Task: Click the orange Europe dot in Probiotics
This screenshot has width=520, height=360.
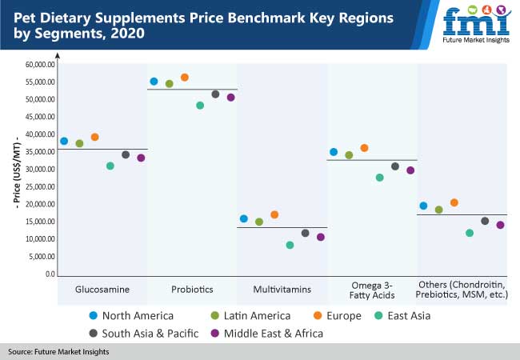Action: click(185, 78)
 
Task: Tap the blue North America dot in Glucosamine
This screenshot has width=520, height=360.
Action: click(64, 142)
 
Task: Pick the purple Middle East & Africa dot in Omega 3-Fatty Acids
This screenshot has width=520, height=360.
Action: click(410, 170)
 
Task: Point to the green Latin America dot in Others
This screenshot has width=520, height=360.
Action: click(438, 210)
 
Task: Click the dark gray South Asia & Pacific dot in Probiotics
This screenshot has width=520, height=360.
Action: click(215, 94)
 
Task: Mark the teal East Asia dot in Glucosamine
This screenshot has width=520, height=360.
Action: click(110, 166)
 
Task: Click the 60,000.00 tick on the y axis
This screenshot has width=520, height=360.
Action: click(38, 65)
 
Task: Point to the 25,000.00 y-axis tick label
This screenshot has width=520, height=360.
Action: click(38, 187)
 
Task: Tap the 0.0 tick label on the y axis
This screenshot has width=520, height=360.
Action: click(50, 274)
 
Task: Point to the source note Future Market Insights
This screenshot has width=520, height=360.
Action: click(58, 351)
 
